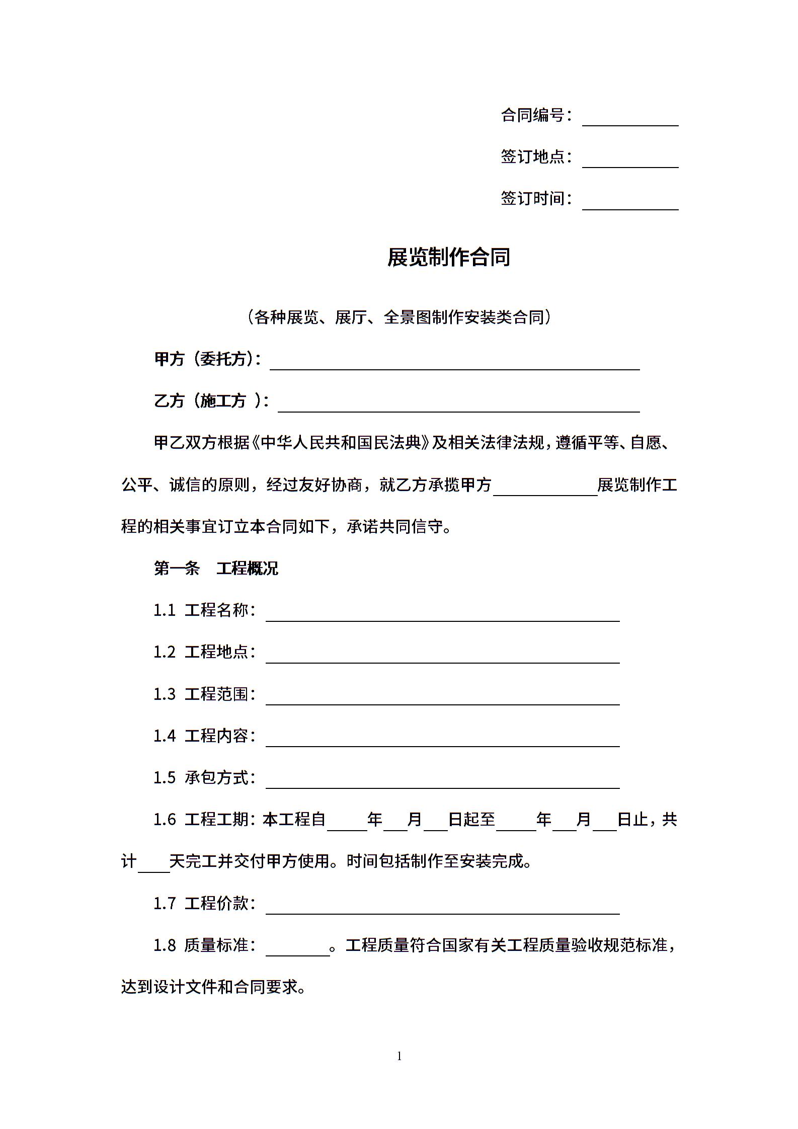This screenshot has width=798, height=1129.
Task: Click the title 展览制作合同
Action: pyautogui.click(x=449, y=257)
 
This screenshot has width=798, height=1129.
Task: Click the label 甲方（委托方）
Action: pyautogui.click(x=207, y=359)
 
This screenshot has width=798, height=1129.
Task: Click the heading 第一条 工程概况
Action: pyautogui.click(x=216, y=569)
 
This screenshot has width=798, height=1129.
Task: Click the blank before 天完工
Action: pyautogui.click(x=154, y=866)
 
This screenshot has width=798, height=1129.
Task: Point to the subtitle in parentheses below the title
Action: pyautogui.click(x=399, y=317)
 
